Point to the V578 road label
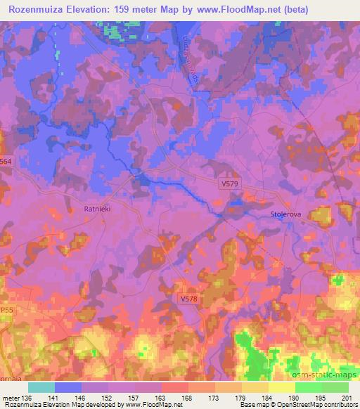point(189,299)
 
